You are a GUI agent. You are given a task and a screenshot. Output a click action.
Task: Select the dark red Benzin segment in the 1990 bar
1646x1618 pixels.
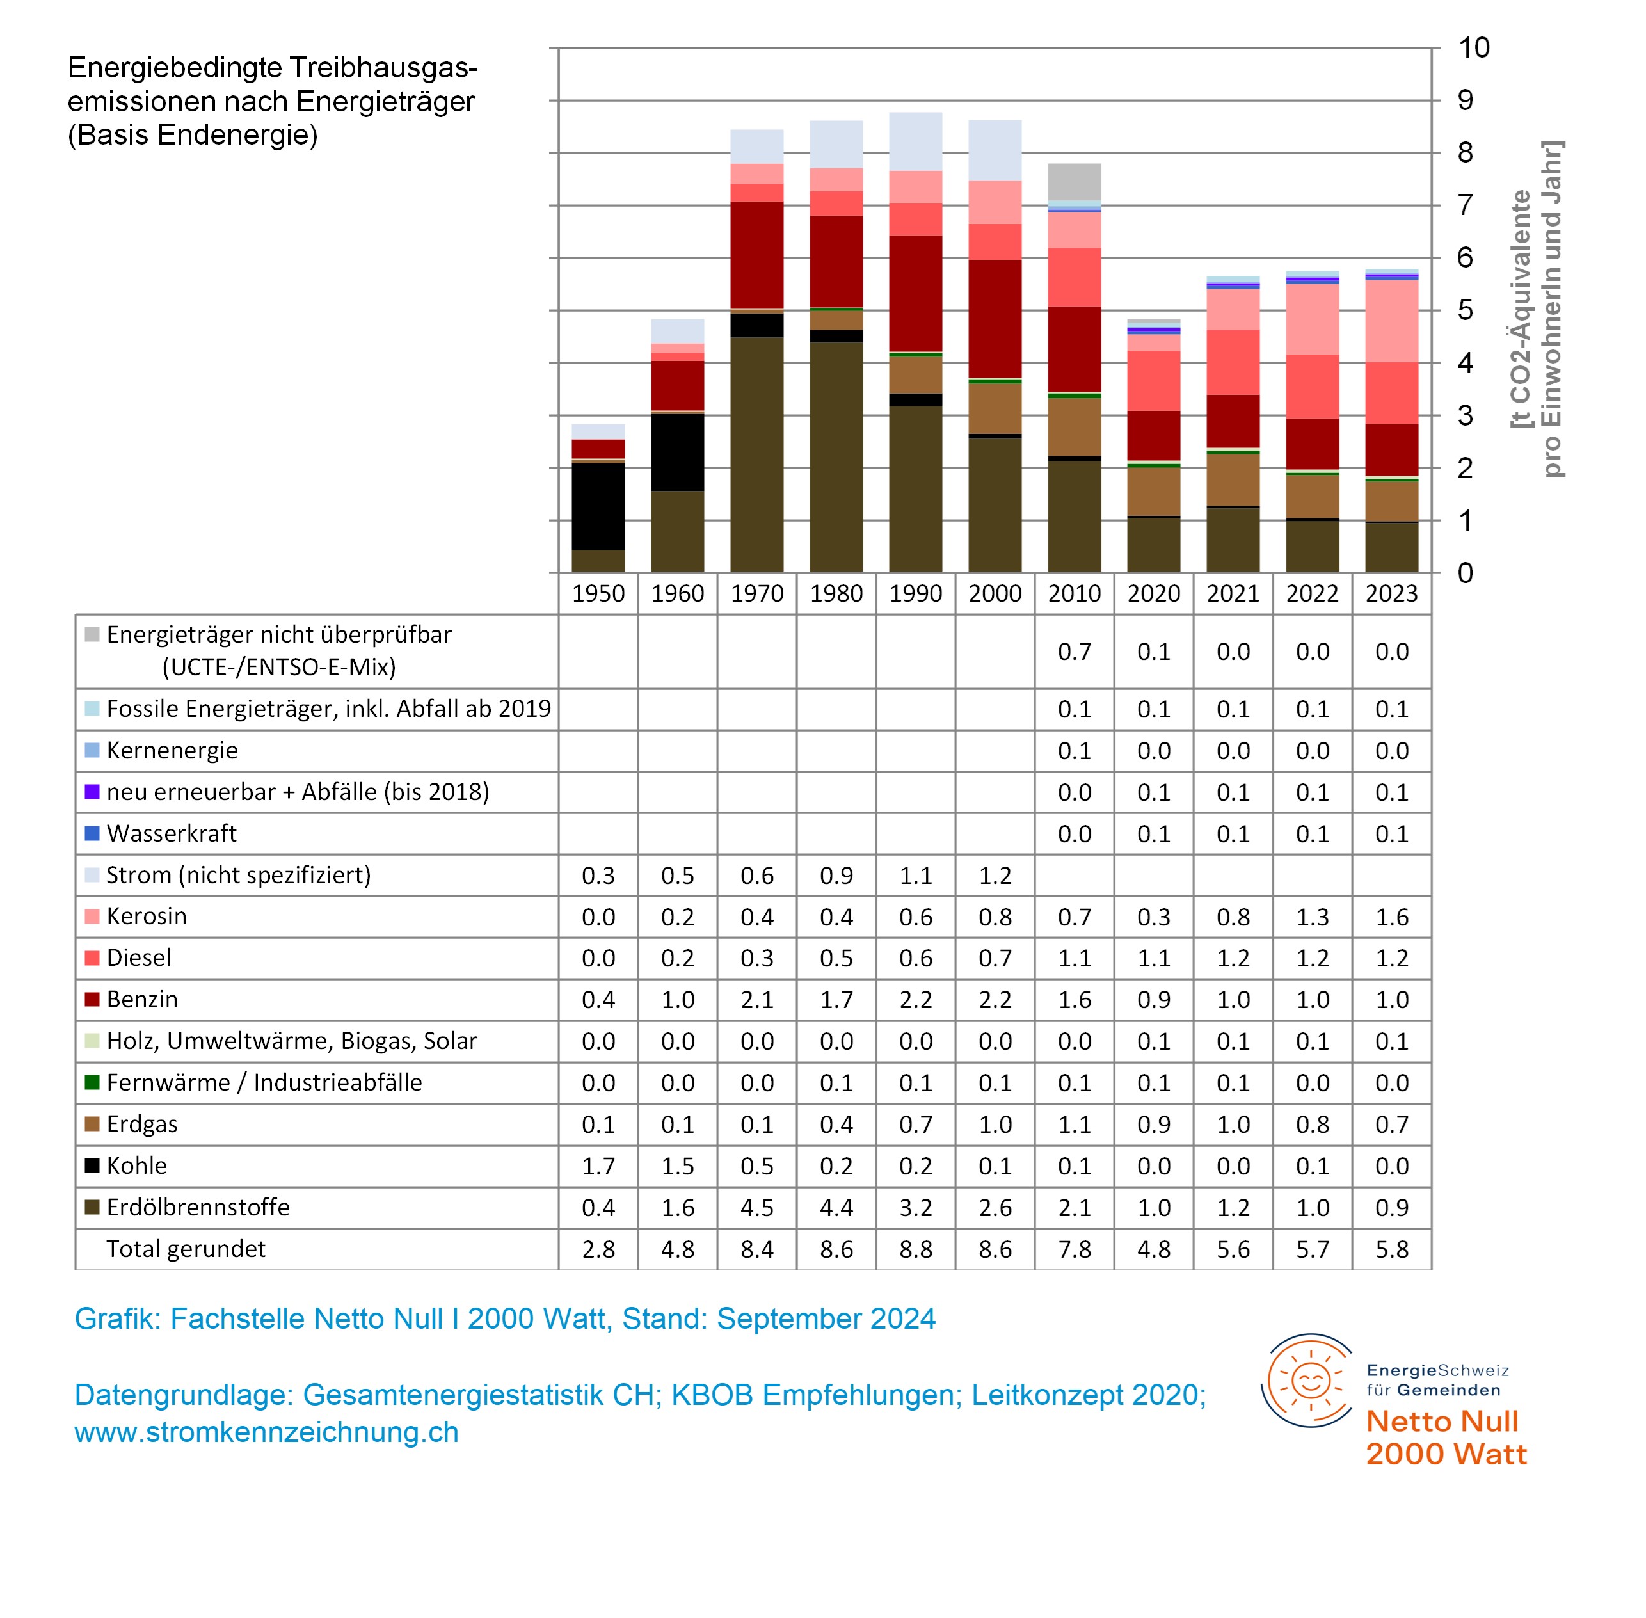(915, 293)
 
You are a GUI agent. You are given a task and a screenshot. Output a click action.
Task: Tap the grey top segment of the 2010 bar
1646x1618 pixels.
(1074, 182)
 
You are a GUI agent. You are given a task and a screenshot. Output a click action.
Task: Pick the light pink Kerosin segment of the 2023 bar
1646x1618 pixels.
(1391, 321)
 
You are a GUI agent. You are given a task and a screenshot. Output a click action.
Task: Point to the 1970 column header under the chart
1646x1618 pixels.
(756, 593)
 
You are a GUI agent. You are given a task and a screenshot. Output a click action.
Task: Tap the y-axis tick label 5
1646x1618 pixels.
(1465, 310)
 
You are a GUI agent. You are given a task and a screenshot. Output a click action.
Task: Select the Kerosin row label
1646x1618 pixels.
(146, 916)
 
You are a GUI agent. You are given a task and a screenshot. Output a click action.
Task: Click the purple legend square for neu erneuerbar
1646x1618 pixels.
(92, 791)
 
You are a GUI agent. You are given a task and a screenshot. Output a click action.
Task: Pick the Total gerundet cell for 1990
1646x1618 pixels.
(915, 1249)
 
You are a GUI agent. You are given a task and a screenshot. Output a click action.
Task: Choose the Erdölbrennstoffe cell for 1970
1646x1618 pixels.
(756, 1208)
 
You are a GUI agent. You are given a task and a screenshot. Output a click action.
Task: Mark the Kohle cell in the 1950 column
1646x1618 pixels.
(598, 1166)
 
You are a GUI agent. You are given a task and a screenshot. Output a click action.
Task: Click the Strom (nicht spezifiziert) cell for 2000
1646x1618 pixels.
(995, 876)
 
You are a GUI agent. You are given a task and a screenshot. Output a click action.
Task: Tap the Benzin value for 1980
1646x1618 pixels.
(836, 999)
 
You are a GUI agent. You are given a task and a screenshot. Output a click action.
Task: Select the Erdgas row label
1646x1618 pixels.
(142, 1125)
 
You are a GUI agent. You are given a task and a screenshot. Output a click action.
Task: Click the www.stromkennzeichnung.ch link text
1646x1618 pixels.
(266, 1432)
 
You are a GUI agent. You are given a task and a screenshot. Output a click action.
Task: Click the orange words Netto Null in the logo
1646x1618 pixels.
(1442, 1421)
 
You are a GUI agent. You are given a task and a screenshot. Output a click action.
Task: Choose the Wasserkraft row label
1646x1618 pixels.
(172, 834)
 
